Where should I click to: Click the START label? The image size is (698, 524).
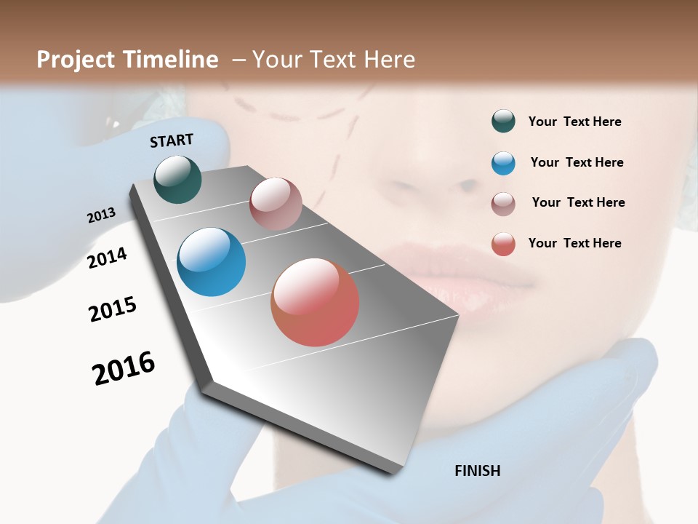click(x=172, y=140)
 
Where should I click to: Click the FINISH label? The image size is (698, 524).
click(x=477, y=471)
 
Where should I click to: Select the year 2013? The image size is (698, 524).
click(x=101, y=215)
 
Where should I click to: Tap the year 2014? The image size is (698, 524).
click(x=107, y=258)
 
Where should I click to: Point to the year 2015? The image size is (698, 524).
click(x=112, y=309)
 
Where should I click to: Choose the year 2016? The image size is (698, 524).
click(x=124, y=368)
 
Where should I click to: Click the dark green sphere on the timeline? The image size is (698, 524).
click(x=177, y=179)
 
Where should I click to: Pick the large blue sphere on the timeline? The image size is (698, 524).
click(x=211, y=262)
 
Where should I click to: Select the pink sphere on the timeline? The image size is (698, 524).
click(x=276, y=204)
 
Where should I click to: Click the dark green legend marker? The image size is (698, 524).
click(x=503, y=122)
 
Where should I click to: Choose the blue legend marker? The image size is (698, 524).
click(x=503, y=163)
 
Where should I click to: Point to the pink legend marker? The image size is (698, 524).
click(x=503, y=203)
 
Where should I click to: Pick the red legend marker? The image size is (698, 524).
click(x=503, y=244)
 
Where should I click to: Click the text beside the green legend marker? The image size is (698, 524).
click(x=574, y=122)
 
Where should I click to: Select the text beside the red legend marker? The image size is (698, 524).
click(x=574, y=243)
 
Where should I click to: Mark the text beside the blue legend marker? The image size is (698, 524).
click(x=577, y=162)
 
